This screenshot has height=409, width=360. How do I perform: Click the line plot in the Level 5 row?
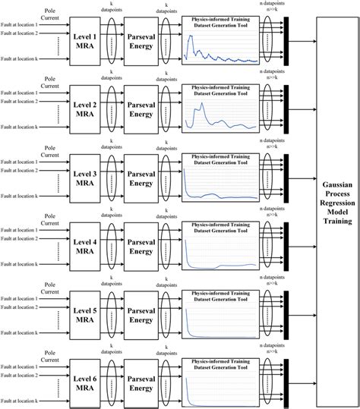[221, 316]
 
